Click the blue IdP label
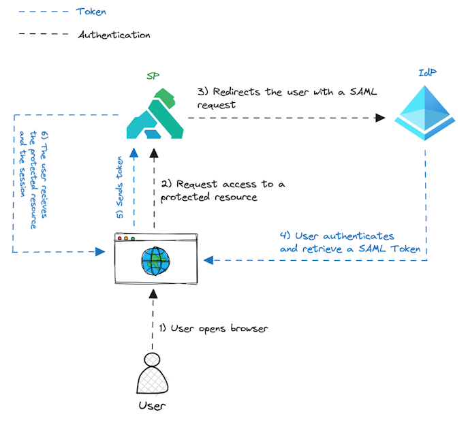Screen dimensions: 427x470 tap(427, 72)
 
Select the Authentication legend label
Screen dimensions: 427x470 tap(114, 34)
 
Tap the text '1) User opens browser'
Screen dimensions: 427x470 tap(214, 328)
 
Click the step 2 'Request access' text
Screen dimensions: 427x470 tap(223, 190)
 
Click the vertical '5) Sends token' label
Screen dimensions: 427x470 tap(121, 186)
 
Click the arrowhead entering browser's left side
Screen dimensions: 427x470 tap(100, 252)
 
